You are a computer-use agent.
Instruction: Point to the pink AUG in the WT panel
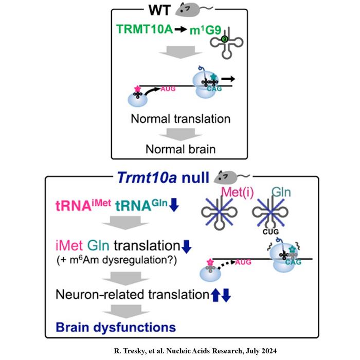[160, 88]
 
